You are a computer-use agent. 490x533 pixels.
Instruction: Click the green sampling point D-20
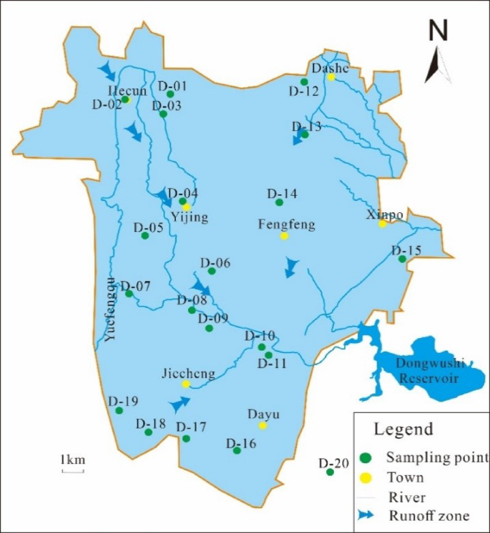point(330,472)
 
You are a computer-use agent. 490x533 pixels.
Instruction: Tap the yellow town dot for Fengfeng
point(284,236)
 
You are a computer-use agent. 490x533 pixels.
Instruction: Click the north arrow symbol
point(436,65)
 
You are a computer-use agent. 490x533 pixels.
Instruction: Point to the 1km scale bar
point(73,470)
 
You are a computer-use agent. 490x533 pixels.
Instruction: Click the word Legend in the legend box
point(404,429)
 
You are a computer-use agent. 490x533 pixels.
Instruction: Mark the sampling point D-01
point(170,94)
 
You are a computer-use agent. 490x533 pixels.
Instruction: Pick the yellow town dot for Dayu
point(263,426)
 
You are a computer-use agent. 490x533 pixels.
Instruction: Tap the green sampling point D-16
point(237,450)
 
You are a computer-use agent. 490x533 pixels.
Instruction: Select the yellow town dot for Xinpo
point(383,224)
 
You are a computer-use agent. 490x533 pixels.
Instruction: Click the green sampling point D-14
point(279,202)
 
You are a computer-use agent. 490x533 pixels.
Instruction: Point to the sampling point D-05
point(144,235)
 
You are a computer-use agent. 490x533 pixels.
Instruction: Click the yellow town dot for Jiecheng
point(185,384)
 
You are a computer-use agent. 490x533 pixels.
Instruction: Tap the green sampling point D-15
point(402,259)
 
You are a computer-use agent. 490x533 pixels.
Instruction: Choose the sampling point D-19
point(119,410)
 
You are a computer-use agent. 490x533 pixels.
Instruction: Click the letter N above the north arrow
point(438,31)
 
